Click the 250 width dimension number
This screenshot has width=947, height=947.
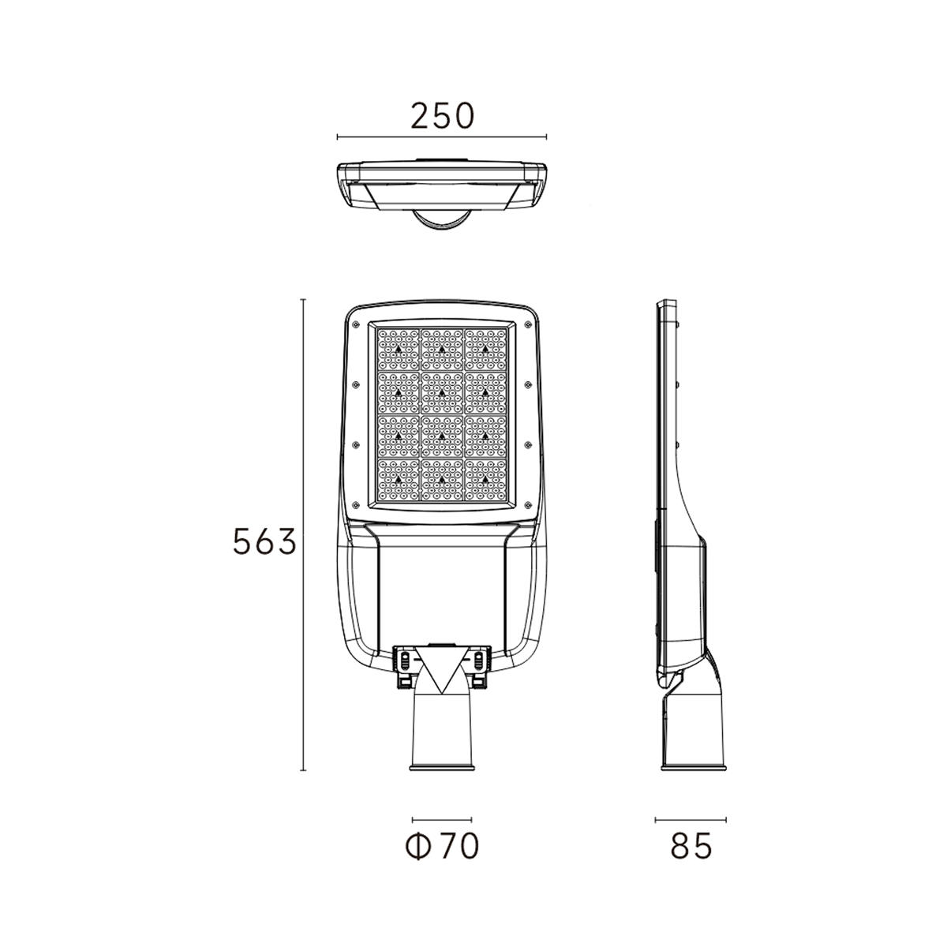442,115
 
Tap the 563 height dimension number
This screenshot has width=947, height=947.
264,541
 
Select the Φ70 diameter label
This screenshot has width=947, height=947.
442,846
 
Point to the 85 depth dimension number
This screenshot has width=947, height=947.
691,846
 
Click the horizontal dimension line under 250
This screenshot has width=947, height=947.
441,137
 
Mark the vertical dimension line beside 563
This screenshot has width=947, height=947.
303,535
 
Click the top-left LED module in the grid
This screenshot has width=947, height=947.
398,350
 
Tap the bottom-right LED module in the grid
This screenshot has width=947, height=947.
485,480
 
